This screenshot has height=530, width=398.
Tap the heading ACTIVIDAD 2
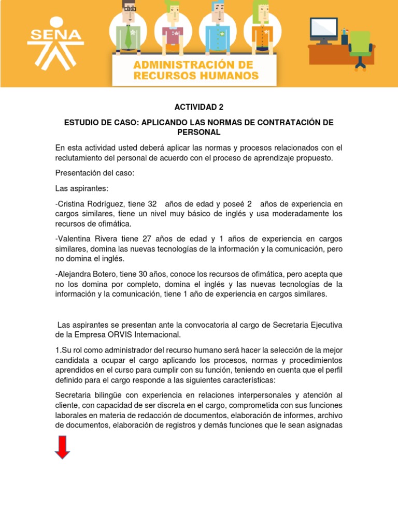coord(199,107)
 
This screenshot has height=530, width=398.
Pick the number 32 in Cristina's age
coord(152,204)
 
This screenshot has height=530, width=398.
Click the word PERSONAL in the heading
coord(199,132)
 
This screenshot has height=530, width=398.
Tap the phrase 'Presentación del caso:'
coord(94,173)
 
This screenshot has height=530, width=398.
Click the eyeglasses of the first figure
coord(129,8)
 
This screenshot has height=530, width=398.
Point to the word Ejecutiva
coord(323,325)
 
